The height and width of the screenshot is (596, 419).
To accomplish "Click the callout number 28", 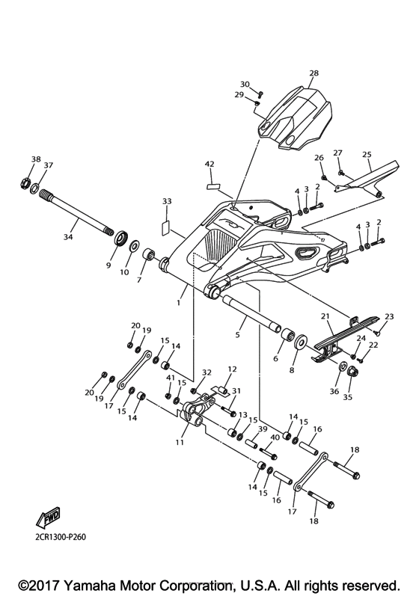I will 314,73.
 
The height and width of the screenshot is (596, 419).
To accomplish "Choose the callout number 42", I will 209,164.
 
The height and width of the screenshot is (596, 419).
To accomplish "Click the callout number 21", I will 327,318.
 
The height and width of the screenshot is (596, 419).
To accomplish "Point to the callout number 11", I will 179,442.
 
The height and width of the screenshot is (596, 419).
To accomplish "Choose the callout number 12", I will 232,369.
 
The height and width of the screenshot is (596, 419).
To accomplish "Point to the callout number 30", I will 245,85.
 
